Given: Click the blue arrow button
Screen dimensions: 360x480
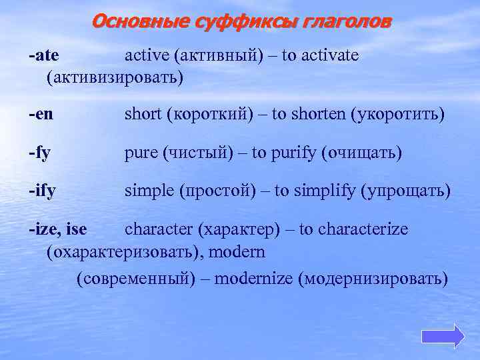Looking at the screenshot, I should (x=443, y=335).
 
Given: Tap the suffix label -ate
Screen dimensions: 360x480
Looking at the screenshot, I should (x=44, y=55).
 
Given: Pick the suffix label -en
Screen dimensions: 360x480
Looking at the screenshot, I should (x=41, y=115).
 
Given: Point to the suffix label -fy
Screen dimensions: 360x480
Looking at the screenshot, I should (x=40, y=154).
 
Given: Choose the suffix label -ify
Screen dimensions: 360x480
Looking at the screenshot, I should (x=42, y=192).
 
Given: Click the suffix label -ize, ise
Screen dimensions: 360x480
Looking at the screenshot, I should (x=58, y=230).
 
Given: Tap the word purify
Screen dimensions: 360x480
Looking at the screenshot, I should (x=297, y=153).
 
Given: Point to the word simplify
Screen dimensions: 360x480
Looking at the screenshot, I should (x=325, y=192).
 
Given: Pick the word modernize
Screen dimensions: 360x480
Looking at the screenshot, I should (x=263, y=278).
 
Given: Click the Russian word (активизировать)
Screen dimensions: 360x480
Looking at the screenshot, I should (x=114, y=78).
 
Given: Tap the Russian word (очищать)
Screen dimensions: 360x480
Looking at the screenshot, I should (x=362, y=153).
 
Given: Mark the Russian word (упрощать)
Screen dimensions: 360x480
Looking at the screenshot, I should (x=405, y=192).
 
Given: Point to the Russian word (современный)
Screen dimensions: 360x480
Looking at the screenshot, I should (x=137, y=278).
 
